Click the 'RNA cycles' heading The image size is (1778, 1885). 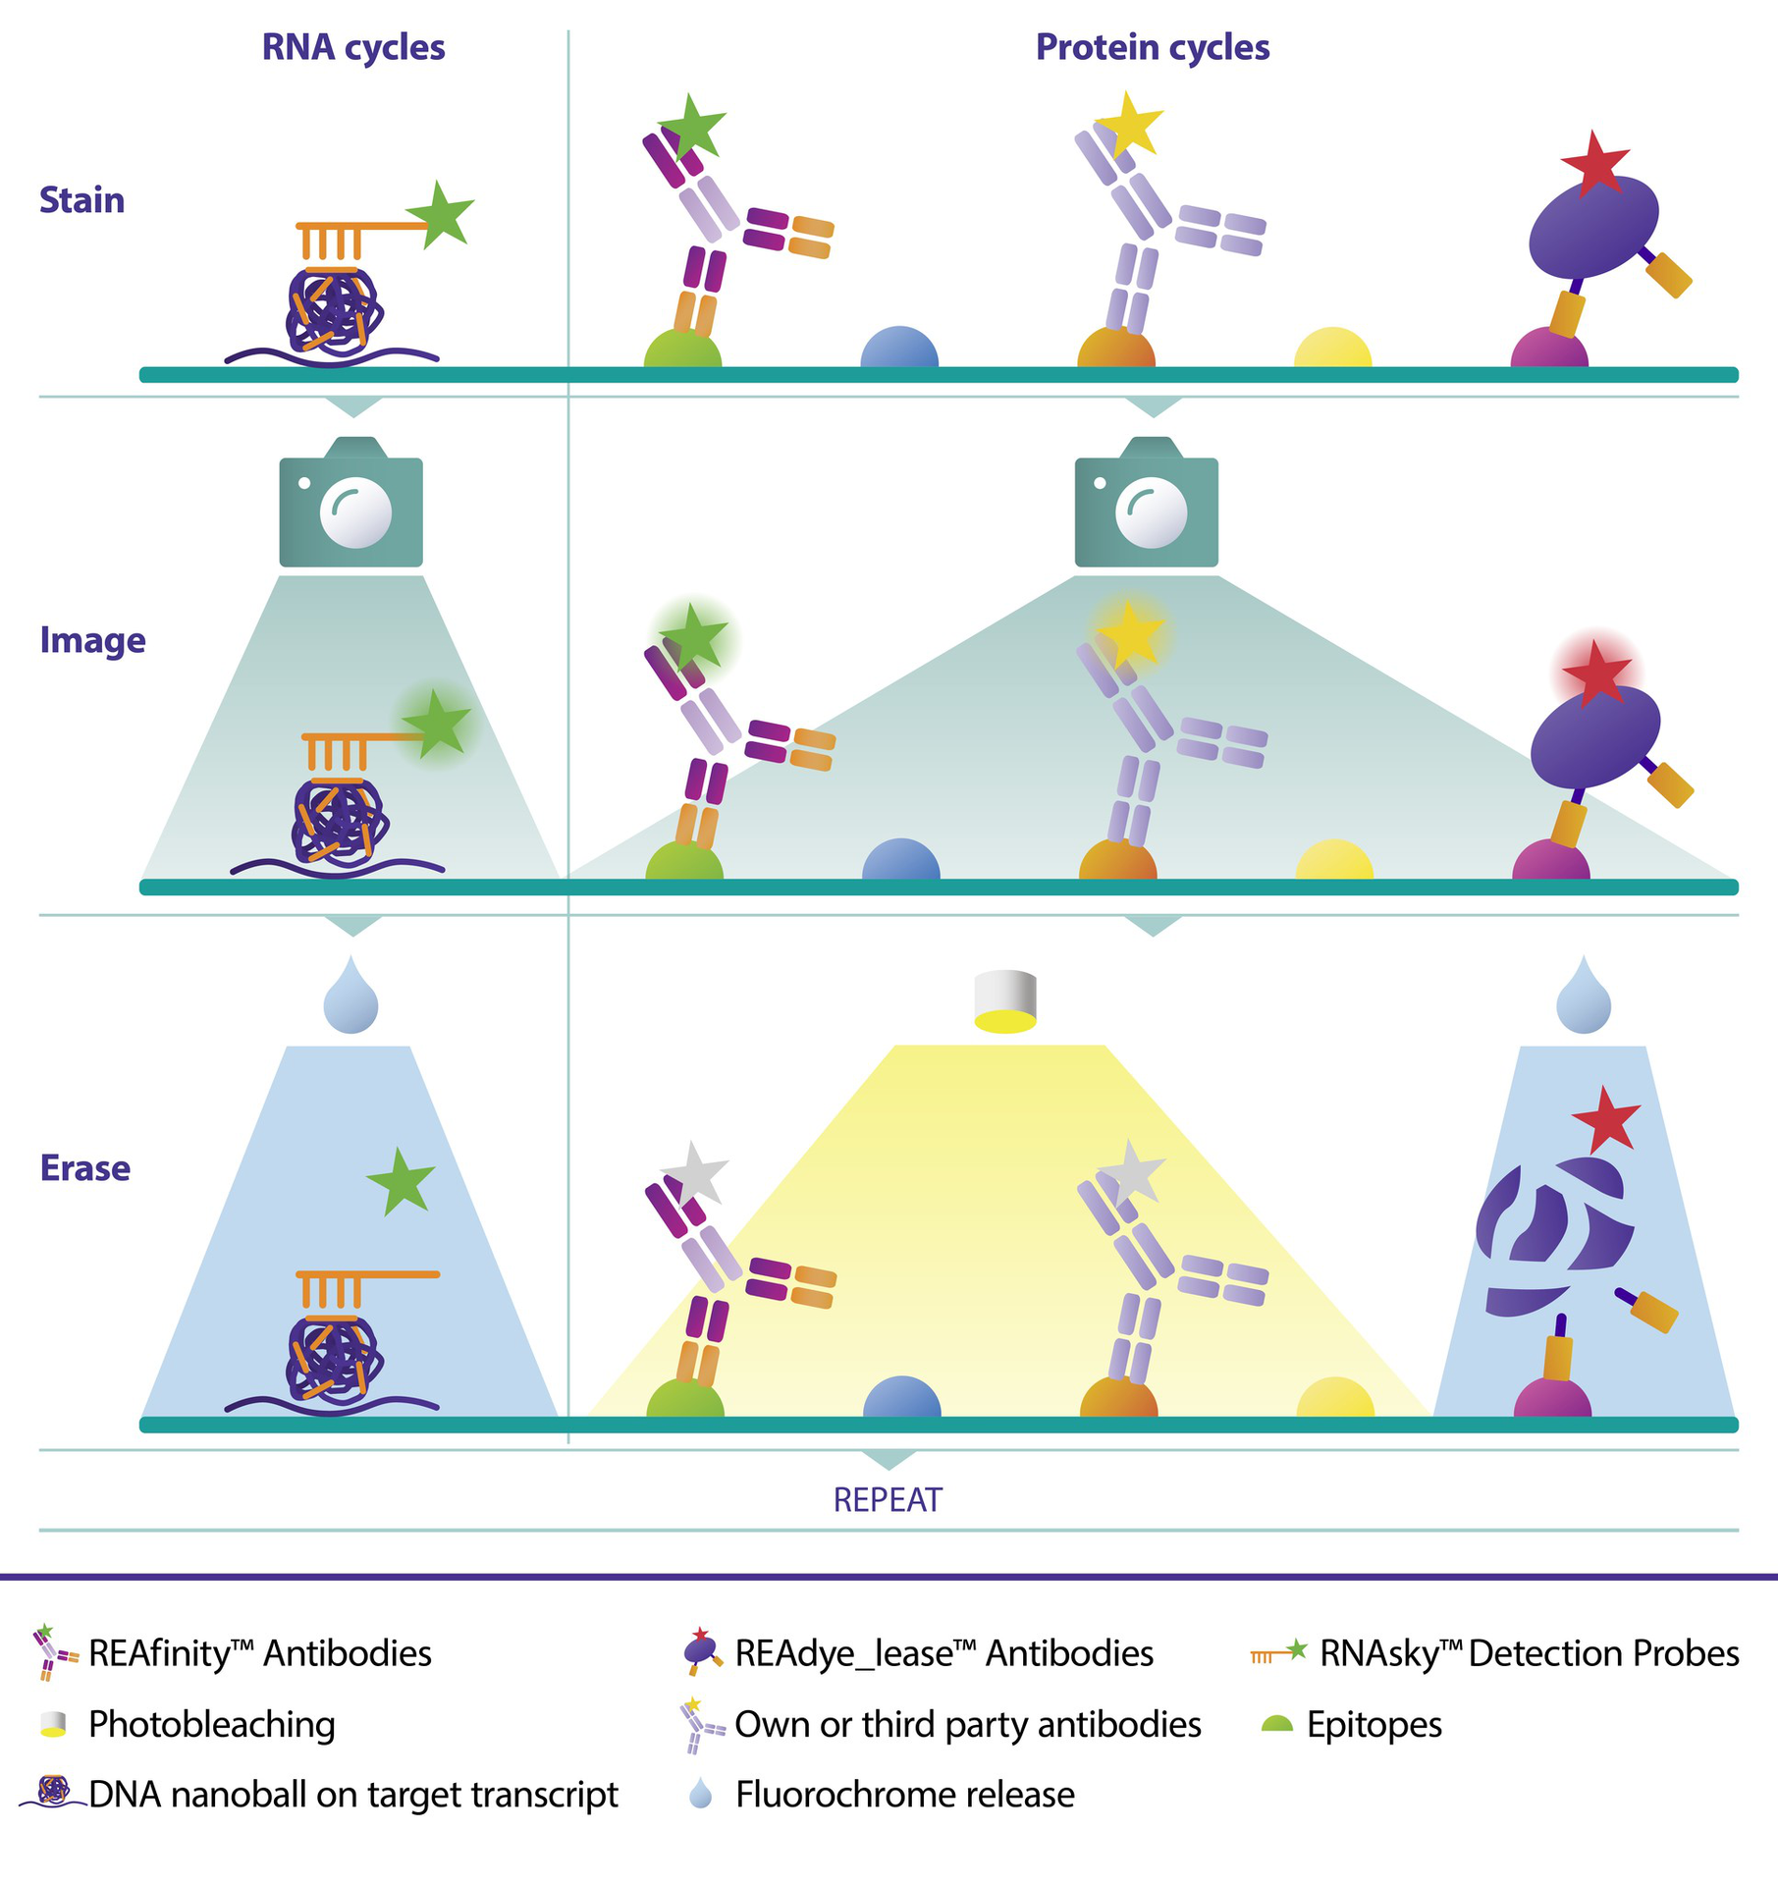point(352,48)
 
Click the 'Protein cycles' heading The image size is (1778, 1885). point(1152,48)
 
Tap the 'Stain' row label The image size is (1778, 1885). point(81,200)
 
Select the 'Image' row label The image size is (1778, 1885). point(92,640)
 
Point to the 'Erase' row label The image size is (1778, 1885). point(84,1168)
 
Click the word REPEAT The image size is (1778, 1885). point(888,1500)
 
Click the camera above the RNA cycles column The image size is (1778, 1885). point(351,504)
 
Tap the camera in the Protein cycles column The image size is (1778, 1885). point(1146,504)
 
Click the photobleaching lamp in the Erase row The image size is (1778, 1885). point(1005,1001)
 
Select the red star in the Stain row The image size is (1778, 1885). point(1593,164)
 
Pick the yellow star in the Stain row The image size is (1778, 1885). point(1129,125)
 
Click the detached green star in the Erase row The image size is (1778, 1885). point(401,1180)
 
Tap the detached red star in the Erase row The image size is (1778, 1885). point(1605,1119)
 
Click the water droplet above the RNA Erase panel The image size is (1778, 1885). point(350,998)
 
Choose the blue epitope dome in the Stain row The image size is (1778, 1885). point(899,349)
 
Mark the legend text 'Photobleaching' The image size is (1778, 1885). point(211,1724)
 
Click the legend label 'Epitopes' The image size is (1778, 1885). point(1374,1724)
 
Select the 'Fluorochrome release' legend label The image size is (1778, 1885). point(904,1795)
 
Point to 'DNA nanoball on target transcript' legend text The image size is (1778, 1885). point(353,1795)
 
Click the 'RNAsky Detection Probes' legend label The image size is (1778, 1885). point(1529,1653)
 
